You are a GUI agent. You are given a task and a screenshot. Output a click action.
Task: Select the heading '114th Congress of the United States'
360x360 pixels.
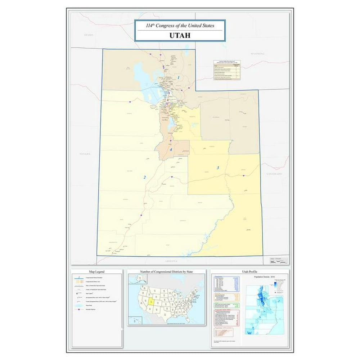[x=180, y=26]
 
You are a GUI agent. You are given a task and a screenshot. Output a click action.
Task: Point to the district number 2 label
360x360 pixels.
[x=145, y=177]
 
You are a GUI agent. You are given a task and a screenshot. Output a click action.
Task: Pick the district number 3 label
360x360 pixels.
[x=217, y=168]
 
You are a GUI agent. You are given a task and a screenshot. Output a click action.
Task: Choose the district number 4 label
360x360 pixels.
[x=171, y=150]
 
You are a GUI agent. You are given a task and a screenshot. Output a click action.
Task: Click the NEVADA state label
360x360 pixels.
[x=85, y=154]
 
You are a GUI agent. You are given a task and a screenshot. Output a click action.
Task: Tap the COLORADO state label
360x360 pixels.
[x=274, y=174]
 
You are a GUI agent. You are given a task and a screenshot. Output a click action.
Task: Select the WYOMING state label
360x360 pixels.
[x=257, y=54]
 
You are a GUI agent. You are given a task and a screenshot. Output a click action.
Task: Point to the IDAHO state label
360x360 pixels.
[x=89, y=35]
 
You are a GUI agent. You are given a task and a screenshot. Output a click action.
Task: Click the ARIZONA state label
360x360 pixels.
[x=171, y=261]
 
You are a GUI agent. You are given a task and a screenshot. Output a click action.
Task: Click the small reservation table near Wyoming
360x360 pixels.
[x=226, y=70]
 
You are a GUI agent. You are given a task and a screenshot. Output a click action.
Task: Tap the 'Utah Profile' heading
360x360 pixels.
[x=249, y=271]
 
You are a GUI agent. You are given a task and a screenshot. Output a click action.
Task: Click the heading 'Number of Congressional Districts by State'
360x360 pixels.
[x=166, y=271]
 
